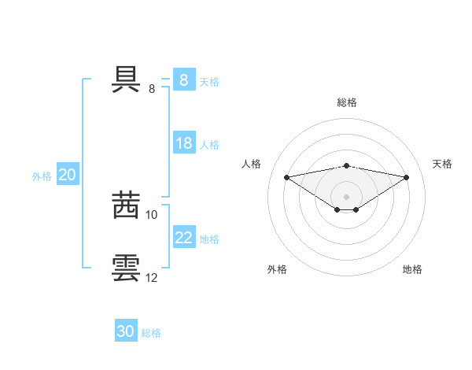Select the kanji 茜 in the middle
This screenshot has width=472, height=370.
(126, 205)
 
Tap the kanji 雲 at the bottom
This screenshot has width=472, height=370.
(126, 268)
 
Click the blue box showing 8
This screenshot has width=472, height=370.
(184, 80)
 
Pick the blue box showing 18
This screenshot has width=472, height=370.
(184, 143)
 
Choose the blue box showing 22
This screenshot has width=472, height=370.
(184, 238)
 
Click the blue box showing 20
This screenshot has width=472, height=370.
(68, 176)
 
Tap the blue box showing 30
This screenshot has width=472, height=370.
(126, 331)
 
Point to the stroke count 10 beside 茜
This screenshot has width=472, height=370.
(152, 214)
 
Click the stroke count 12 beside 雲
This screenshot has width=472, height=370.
(152, 277)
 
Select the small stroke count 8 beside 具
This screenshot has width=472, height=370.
(152, 89)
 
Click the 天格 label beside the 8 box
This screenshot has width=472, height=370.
(209, 82)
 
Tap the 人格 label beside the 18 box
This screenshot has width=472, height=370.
(209, 145)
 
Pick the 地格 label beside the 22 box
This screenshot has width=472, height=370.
(209, 239)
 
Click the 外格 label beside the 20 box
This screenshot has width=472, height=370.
(42, 176)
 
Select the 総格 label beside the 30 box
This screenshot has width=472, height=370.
(151, 333)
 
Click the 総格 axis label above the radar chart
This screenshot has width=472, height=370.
(347, 102)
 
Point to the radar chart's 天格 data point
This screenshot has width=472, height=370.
(407, 177)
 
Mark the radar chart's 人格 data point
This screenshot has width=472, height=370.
(286, 176)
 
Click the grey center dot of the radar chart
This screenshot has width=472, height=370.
(346, 196)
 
